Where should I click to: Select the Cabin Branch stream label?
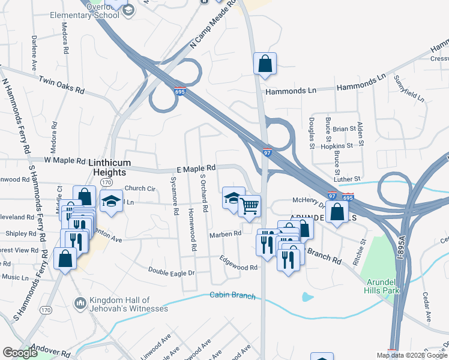tap(232, 296)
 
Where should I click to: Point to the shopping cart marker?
tap(249, 206)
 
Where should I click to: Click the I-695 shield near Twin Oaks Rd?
tap(181, 92)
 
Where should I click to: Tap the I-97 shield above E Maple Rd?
tap(268, 154)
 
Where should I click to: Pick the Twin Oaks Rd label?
tap(62, 84)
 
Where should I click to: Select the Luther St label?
tap(348, 179)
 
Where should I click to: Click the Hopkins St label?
tap(337, 146)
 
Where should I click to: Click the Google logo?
tap(20, 353)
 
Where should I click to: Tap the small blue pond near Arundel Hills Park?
tap(307, 296)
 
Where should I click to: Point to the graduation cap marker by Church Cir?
tap(111, 201)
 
